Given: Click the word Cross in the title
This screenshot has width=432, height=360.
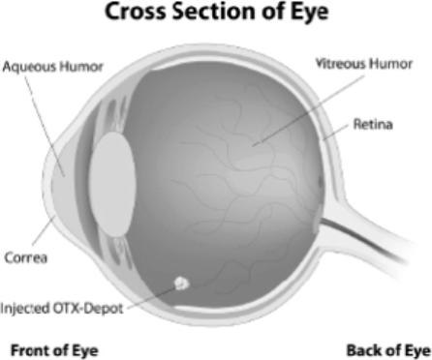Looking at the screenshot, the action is click(x=136, y=12).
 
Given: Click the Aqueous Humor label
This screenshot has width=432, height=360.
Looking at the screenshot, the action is click(x=52, y=67).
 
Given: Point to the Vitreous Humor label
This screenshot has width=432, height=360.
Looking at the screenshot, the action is click(x=364, y=64).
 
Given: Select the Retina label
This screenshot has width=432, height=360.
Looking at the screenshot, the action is click(x=373, y=124).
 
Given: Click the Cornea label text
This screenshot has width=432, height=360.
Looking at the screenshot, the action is click(x=26, y=257).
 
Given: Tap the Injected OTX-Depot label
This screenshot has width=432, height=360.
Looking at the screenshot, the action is click(x=62, y=309).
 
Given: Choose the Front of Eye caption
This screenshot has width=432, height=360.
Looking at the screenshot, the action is click(x=54, y=350).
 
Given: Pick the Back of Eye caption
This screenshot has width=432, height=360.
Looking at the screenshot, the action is click(x=388, y=350).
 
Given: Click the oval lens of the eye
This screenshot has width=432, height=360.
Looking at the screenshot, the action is click(x=112, y=185).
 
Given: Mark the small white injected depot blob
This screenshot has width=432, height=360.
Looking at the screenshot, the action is click(x=181, y=284).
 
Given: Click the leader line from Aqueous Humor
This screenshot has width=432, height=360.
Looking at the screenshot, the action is click(x=46, y=127).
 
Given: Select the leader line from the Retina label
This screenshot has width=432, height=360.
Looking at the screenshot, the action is click(x=336, y=133).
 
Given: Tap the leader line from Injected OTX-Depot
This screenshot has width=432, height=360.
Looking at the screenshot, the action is click(x=151, y=298).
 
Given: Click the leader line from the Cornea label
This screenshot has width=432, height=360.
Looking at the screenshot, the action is click(x=44, y=230).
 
